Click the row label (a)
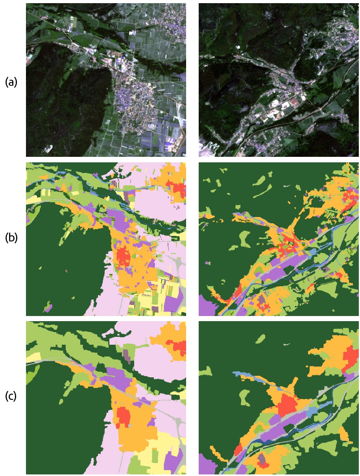[11, 82]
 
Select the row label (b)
[11, 238]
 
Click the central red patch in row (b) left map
[123, 256]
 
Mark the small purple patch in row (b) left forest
[48, 308]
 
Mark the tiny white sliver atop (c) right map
[287, 344]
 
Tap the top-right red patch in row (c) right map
[349, 360]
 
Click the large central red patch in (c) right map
[290, 406]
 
